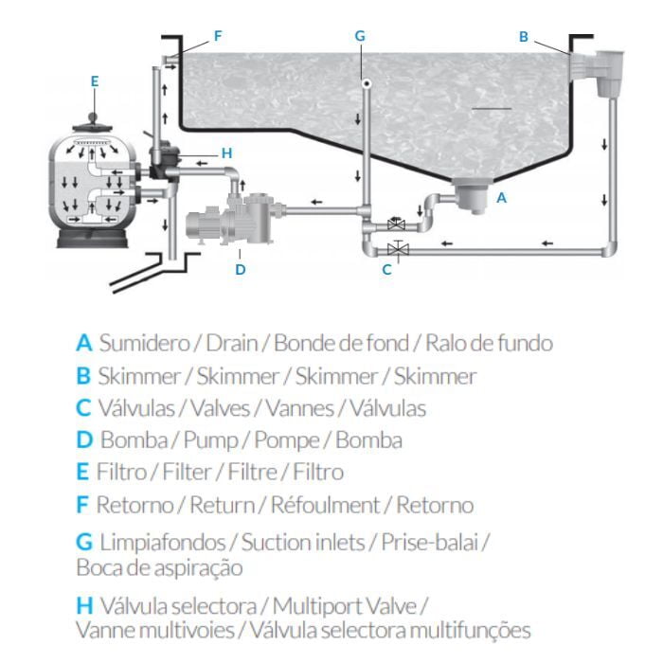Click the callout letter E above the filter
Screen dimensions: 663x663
[x=95, y=81]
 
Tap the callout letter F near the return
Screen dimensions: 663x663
[x=218, y=36]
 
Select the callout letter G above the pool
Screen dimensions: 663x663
[x=360, y=36]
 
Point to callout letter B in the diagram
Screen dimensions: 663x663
[x=524, y=37]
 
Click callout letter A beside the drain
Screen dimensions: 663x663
[x=502, y=198]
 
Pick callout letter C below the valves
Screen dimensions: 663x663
[x=386, y=269]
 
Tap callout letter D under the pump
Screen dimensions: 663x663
[x=241, y=270]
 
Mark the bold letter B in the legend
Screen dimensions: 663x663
[x=83, y=376]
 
